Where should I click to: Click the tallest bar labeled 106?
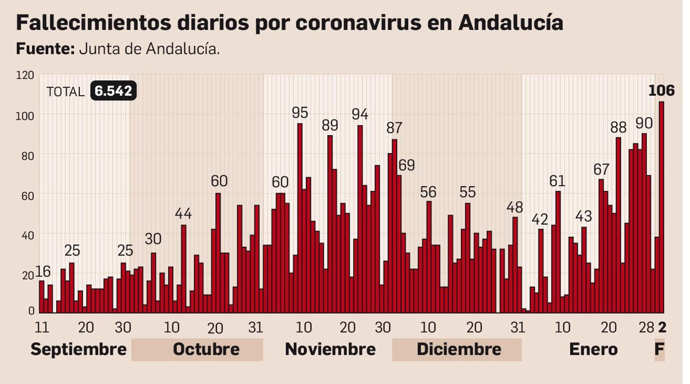[661, 207]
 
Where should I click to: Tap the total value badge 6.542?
[113, 91]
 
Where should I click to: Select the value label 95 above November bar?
[300, 113]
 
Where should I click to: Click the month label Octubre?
[206, 349]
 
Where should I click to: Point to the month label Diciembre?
[459, 349]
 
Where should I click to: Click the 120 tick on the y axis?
[25, 75]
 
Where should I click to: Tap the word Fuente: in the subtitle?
[45, 49]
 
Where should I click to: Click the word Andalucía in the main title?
[511, 22]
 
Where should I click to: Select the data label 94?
[360, 114]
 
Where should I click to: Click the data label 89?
[330, 125]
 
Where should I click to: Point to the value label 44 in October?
[183, 213]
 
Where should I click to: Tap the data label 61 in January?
[557, 181]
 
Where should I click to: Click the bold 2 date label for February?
[662, 327]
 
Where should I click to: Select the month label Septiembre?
[78, 349]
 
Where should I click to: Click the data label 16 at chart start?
[43, 271]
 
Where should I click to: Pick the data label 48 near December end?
[514, 208]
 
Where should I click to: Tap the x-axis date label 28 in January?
[646, 327]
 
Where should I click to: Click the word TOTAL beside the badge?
[66, 91]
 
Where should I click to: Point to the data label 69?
[406, 165]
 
